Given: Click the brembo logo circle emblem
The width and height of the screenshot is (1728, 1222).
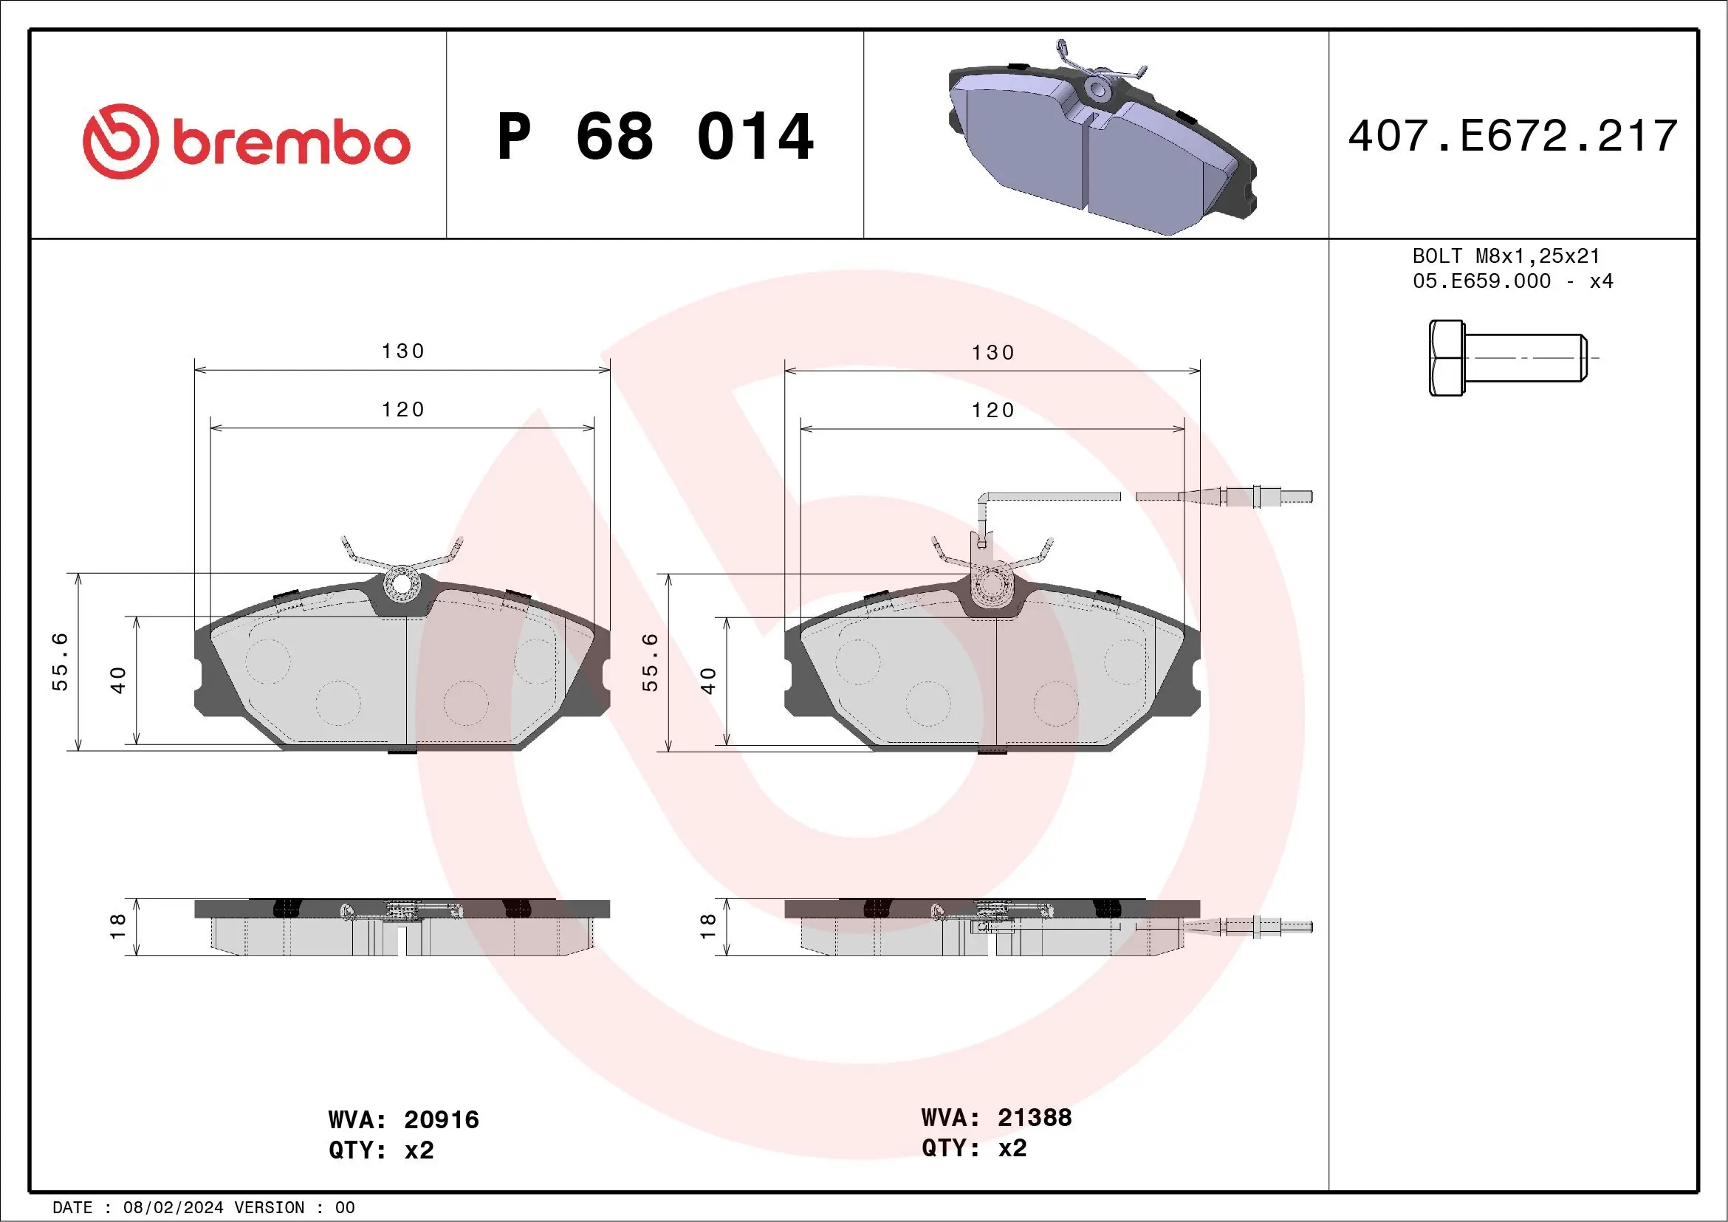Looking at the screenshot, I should [120, 142].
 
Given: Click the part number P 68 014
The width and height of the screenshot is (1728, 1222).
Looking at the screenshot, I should [655, 137].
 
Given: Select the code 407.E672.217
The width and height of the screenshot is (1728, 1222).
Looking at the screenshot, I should [1513, 136].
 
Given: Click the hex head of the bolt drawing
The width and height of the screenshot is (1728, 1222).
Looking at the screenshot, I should [1446, 358].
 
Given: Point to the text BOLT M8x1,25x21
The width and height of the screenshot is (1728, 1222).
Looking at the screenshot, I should [1505, 255].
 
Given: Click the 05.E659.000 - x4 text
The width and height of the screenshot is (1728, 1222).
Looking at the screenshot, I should [1512, 281].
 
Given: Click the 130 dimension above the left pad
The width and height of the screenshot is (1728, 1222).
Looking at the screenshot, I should [402, 351].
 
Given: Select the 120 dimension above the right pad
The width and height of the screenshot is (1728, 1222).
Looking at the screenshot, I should [992, 410].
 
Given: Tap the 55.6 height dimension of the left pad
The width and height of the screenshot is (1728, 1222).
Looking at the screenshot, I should [61, 662].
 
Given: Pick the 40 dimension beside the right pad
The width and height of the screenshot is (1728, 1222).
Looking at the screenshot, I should [708, 680].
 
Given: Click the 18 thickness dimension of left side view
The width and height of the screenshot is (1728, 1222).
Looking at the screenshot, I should [118, 926].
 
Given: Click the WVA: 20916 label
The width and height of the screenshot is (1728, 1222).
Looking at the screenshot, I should [403, 1119].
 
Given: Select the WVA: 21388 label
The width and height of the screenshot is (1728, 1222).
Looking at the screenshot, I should [995, 1117].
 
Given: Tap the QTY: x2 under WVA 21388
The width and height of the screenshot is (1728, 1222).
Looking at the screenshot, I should [973, 1148].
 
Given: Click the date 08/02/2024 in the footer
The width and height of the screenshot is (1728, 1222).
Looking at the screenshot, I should [173, 1208].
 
